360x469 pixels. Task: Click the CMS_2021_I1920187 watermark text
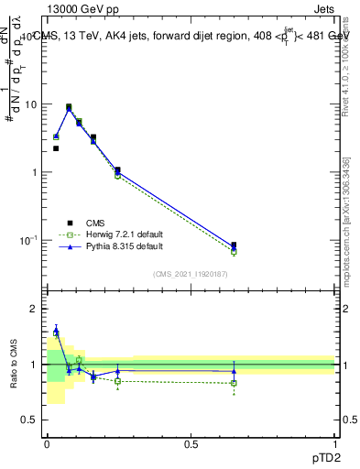click(x=191, y=273)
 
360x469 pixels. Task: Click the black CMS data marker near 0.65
click(x=234, y=245)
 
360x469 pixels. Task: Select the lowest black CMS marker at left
click(x=56, y=148)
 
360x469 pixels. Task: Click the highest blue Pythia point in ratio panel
click(x=56, y=331)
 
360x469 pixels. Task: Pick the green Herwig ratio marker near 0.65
click(x=234, y=383)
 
